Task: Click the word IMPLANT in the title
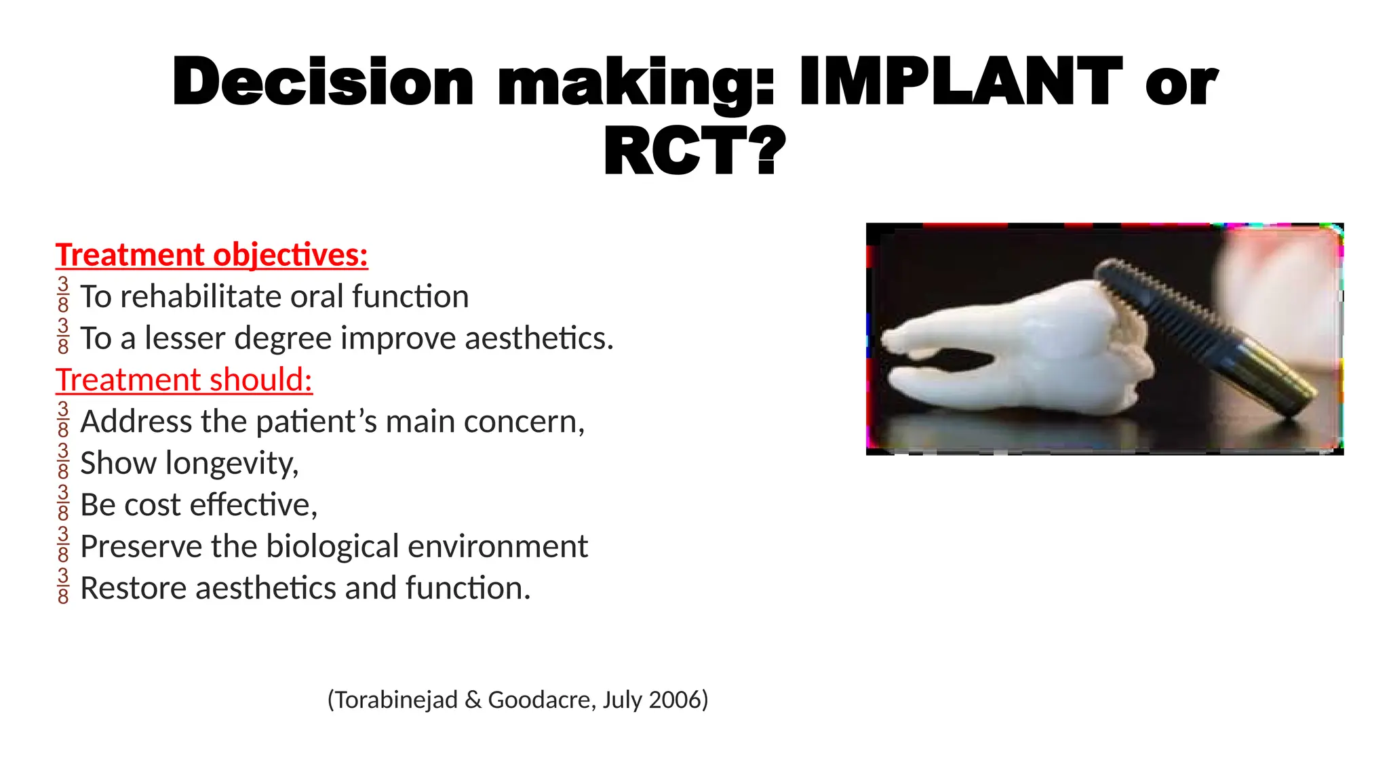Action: coord(960,83)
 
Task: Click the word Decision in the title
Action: coord(323,83)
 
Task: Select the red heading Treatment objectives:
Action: coord(212,256)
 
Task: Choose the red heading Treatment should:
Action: coord(184,380)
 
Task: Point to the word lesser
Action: coord(184,338)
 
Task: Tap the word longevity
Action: coord(232,464)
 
